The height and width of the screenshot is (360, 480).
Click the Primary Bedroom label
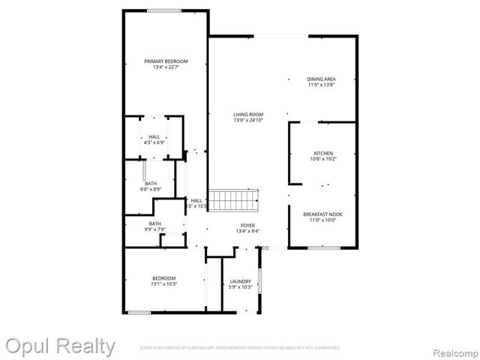click(x=166, y=61)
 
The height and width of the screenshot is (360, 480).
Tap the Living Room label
click(x=248, y=114)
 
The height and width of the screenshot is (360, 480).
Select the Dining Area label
click(x=320, y=79)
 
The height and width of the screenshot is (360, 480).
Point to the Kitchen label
click(x=323, y=153)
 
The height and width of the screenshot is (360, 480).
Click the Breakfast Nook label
click(x=323, y=214)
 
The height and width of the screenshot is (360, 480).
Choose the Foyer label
click(x=247, y=225)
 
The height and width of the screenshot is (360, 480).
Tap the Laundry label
click(x=240, y=281)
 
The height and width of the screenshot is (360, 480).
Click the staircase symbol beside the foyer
click(x=233, y=200)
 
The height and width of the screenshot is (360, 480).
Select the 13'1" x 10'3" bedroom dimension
click(x=163, y=284)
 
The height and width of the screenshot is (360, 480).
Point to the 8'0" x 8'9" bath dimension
click(x=151, y=190)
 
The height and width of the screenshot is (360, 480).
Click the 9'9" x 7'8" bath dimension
click(x=154, y=229)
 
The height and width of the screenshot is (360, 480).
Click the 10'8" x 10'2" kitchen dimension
click(x=323, y=159)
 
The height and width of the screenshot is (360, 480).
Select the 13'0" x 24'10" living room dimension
click(x=248, y=120)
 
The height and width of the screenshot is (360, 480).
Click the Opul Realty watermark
click(x=60, y=346)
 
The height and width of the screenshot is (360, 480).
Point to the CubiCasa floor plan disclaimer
click(x=240, y=348)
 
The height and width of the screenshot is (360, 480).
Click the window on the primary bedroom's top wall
click(x=163, y=10)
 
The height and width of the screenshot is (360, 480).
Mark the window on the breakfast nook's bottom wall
click(x=324, y=247)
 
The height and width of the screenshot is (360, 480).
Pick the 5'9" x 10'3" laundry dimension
click(x=240, y=287)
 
